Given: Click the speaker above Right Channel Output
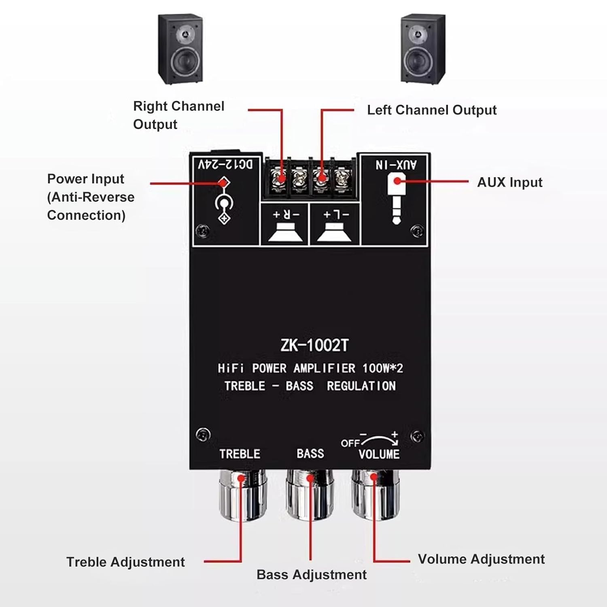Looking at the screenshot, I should [180, 49].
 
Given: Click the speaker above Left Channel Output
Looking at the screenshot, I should [423, 49].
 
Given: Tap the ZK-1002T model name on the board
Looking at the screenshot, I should [314, 345].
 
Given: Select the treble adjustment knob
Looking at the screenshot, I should [242, 496].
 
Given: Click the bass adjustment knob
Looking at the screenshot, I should [310, 496].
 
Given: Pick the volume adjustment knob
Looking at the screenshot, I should [375, 496].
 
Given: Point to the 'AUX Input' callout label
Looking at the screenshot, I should [509, 183].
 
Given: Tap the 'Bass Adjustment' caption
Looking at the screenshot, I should [311, 575].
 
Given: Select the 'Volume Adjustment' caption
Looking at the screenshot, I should [481, 559].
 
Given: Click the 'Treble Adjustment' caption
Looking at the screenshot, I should [125, 562].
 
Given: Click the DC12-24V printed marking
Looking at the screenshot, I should [225, 164].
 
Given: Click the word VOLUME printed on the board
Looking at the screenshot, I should [379, 454].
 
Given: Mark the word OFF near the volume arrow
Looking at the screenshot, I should [350, 443].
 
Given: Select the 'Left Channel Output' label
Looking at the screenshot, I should [431, 110].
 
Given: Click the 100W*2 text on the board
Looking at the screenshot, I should [382, 368].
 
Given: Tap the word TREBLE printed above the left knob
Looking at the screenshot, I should [240, 454].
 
